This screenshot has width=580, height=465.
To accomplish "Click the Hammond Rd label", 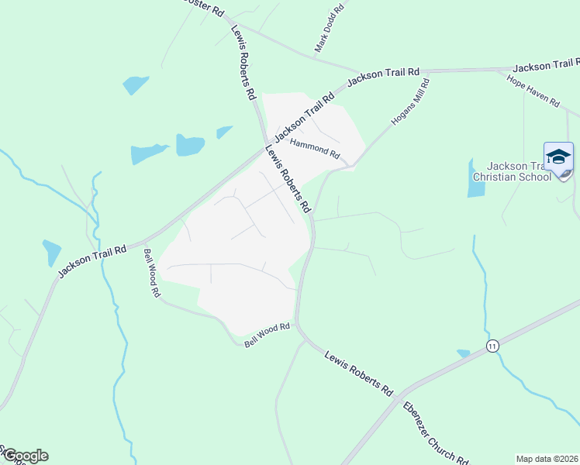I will (315, 148).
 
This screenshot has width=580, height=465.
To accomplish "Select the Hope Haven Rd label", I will (533, 91).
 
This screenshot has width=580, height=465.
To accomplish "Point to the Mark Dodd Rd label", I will (329, 30).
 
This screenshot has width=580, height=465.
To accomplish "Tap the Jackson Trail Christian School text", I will (520, 171).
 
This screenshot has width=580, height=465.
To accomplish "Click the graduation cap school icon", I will (558, 157).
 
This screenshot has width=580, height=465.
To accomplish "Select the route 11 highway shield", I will (492, 345).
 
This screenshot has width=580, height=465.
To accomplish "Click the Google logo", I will (25, 456).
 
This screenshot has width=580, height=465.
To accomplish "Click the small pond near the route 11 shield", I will (464, 353).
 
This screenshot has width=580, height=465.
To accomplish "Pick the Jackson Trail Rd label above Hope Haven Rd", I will (546, 67).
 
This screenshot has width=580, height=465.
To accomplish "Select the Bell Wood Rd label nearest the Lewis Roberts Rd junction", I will (267, 334).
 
